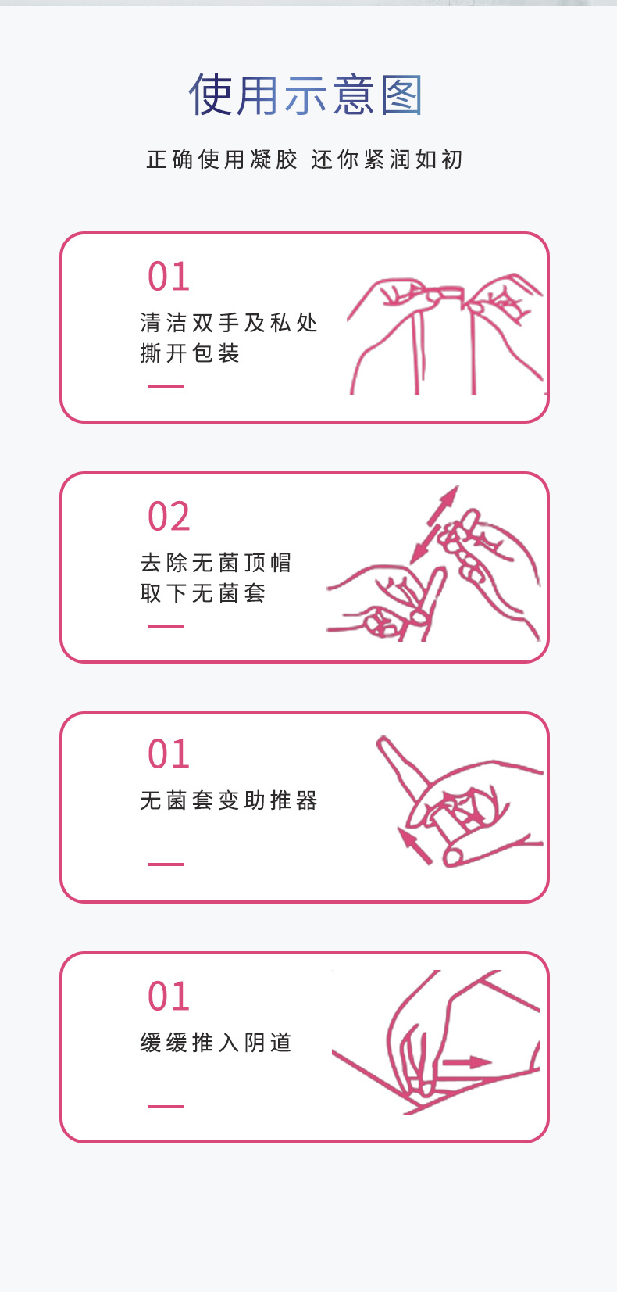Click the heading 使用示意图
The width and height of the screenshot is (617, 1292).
coord(305,95)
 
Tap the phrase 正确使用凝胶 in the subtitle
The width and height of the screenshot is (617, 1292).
coord(222,159)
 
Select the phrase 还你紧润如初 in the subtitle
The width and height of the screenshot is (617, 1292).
coord(387,159)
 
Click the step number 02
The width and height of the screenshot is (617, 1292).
coord(169,517)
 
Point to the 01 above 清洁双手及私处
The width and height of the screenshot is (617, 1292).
coord(169,277)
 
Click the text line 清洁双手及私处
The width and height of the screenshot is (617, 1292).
coord(229,323)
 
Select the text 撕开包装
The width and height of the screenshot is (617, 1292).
coord(190,353)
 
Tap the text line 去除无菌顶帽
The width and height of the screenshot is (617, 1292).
coord(216,563)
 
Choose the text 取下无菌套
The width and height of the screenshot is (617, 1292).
coord(203,593)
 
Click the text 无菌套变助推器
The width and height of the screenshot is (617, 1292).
coord(229,800)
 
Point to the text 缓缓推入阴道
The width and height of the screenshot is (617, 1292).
coord(216,1043)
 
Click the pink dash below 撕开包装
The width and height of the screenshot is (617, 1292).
coord(166,387)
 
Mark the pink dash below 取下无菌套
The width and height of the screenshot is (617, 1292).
coord(166,627)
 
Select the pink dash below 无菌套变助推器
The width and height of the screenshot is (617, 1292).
coord(166,864)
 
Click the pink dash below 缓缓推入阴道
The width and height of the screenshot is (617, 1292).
coord(166,1107)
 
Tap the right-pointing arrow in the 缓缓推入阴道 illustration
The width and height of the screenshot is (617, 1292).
coord(466,1062)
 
